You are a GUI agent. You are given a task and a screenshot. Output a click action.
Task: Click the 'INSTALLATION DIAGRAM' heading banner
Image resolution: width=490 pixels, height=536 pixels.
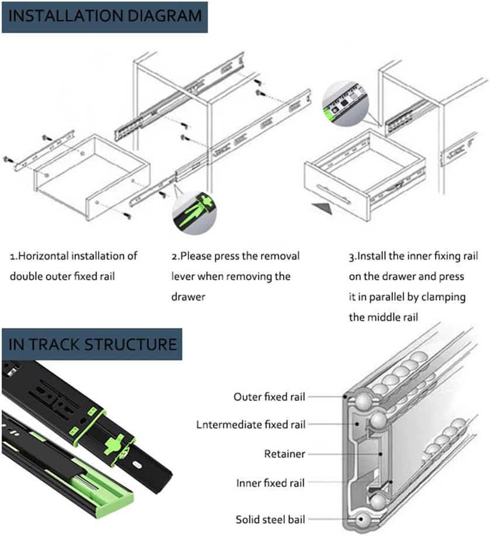[x=105, y=17]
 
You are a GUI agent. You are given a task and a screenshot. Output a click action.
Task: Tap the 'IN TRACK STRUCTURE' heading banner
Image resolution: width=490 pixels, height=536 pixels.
[x=92, y=344]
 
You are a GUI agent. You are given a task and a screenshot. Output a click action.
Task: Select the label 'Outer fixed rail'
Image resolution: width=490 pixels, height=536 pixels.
[x=269, y=397]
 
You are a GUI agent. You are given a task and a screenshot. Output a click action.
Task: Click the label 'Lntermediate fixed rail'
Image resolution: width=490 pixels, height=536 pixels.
[x=251, y=424]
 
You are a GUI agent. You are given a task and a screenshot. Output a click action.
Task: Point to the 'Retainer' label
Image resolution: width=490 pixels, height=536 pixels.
[x=285, y=454]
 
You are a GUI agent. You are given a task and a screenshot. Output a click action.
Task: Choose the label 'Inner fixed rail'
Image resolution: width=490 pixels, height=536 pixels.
[x=270, y=483]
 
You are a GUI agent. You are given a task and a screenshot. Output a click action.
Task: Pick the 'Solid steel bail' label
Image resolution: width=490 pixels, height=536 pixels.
[x=270, y=520]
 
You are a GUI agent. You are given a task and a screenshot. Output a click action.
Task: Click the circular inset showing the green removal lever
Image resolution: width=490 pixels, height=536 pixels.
[x=194, y=213]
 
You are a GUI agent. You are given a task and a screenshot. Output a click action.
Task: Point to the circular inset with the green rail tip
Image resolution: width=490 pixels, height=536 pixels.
[x=346, y=103]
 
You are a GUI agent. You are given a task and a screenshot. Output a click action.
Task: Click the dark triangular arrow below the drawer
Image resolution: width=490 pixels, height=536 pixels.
[x=322, y=208]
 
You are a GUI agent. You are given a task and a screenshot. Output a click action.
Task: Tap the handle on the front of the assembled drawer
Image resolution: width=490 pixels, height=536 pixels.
[x=334, y=193]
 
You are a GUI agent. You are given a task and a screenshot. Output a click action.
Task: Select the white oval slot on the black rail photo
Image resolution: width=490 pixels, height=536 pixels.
[x=137, y=465]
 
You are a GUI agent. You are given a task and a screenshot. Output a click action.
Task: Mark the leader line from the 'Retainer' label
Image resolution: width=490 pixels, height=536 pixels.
[x=344, y=454]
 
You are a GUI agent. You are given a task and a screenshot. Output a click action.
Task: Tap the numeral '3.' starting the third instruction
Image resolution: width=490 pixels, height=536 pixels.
[x=353, y=257]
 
